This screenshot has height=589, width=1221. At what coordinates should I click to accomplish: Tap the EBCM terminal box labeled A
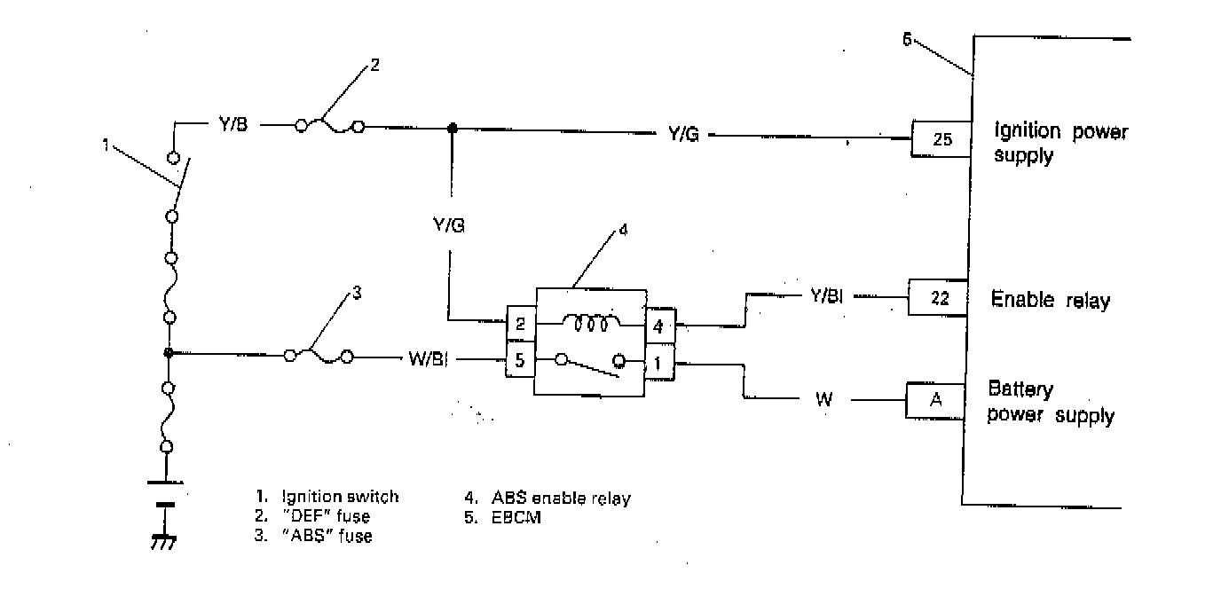click(x=934, y=401)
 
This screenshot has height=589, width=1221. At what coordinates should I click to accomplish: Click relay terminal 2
click(x=520, y=324)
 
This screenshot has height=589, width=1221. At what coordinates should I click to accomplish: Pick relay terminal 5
click(x=520, y=361)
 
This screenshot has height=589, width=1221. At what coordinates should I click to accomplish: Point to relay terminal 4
click(x=658, y=325)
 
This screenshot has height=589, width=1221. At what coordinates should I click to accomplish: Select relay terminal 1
click(x=658, y=362)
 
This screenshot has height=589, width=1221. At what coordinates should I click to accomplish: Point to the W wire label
click(x=824, y=401)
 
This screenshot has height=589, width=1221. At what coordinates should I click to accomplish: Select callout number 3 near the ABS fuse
click(x=357, y=294)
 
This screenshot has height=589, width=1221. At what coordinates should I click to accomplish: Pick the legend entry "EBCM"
click(x=516, y=517)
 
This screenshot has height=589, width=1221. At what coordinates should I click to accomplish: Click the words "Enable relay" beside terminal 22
click(x=1050, y=300)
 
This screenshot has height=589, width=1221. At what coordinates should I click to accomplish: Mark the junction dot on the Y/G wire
click(x=452, y=128)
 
